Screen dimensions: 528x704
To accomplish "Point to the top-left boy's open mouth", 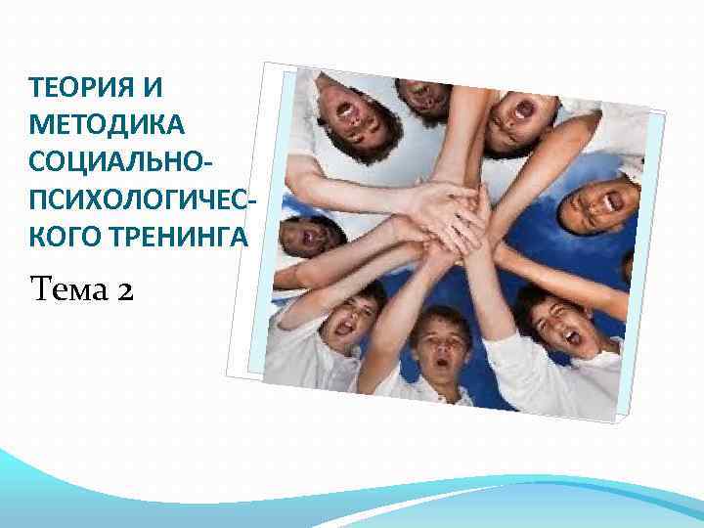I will [x=348, y=110].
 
